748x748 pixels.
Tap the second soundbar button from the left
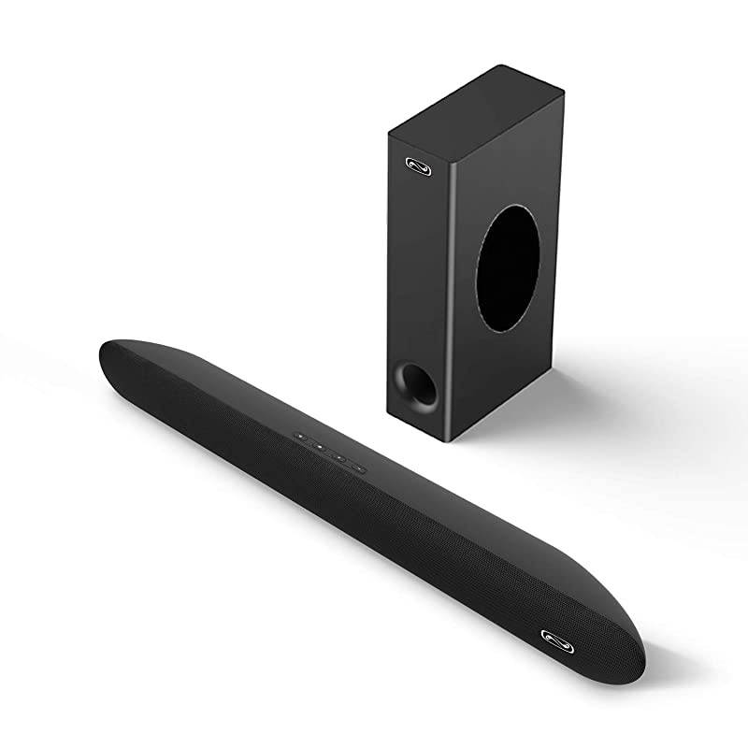pos(320,446)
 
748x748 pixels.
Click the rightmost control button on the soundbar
pos(358,464)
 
